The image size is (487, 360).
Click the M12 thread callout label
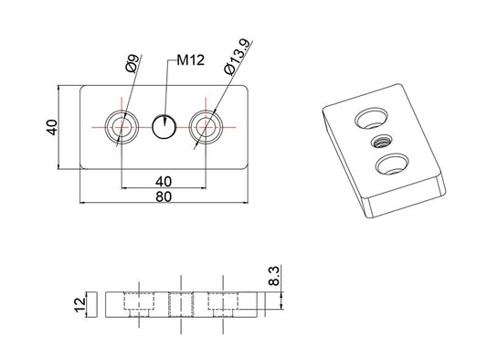(191, 60)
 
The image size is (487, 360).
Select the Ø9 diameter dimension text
(132, 63)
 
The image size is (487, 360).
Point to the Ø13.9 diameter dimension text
(237, 58)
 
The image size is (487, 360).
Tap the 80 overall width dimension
(164, 196)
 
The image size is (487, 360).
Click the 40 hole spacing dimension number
(164, 182)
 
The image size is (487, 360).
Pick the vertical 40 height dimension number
(51, 127)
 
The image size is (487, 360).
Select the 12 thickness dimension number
(79, 305)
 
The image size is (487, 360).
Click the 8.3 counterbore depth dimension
(274, 276)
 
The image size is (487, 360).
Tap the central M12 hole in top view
(164, 127)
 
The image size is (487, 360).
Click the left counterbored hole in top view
(122, 127)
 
